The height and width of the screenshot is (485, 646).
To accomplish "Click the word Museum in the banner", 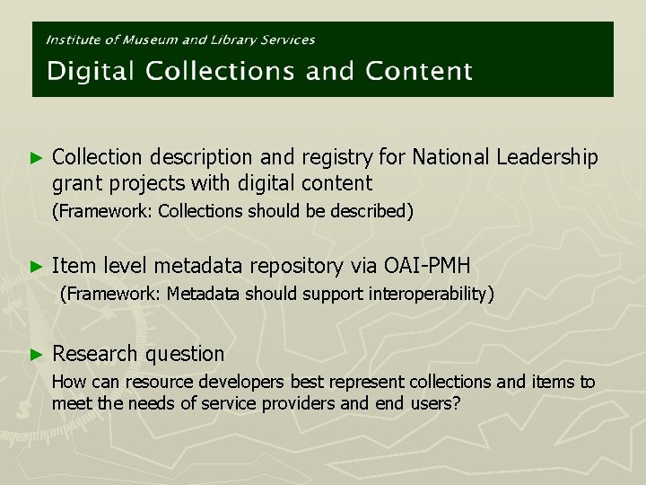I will (x=153, y=40).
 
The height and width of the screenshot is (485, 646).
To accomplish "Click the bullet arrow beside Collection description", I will (x=37, y=158).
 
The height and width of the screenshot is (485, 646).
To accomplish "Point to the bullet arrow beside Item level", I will (x=37, y=266).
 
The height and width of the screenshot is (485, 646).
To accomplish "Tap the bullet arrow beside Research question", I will (x=37, y=354).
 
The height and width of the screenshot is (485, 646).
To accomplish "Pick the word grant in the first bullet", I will (x=74, y=184).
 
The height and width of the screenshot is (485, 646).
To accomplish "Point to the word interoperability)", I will (x=431, y=294).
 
